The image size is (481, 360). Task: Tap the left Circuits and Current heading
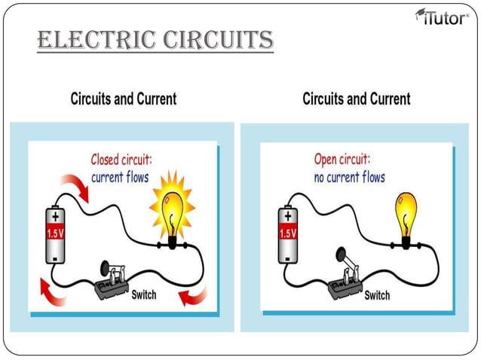(124, 99)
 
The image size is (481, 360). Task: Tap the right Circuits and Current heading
(357, 99)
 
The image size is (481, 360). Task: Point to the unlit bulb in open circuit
(406, 215)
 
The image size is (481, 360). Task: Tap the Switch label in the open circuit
(377, 294)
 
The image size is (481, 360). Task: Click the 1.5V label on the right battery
(288, 233)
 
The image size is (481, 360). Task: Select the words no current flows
(350, 178)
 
